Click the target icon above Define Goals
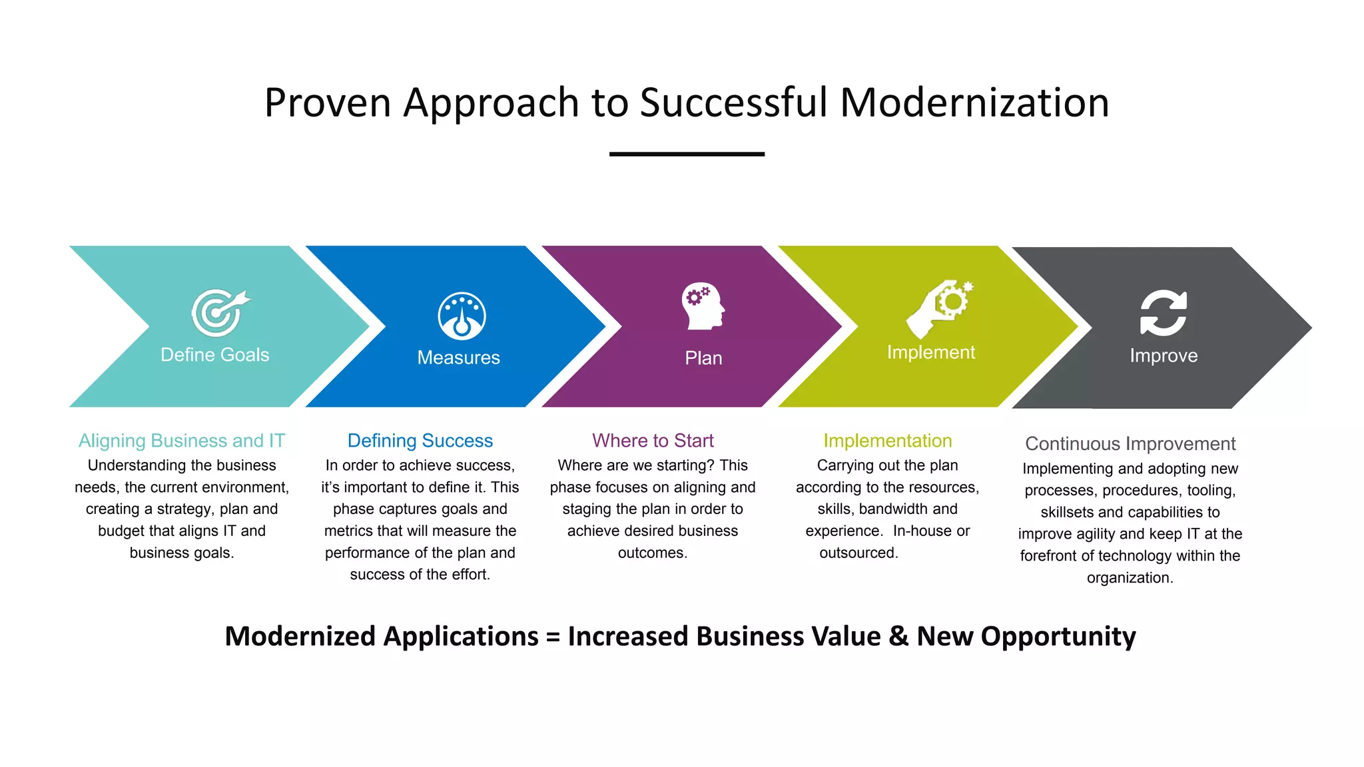pyautogui.click(x=218, y=312)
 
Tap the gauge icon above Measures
pyautogui.click(x=462, y=316)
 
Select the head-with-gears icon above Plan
pyautogui.click(x=702, y=306)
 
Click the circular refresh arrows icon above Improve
pyautogui.click(x=1163, y=313)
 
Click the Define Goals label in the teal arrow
pyautogui.click(x=214, y=355)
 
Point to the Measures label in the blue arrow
pyautogui.click(x=458, y=358)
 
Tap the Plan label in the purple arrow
pyautogui.click(x=703, y=358)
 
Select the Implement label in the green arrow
pyautogui.click(x=930, y=352)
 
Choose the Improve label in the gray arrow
pyautogui.click(x=1164, y=356)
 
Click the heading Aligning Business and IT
pyautogui.click(x=182, y=441)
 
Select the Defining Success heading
pyautogui.click(x=420, y=441)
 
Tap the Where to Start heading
pyautogui.click(x=653, y=441)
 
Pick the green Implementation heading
pyautogui.click(x=887, y=441)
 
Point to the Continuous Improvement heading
pyautogui.click(x=1130, y=443)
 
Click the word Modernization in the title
pyautogui.click(x=974, y=103)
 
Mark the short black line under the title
pyautogui.click(x=687, y=154)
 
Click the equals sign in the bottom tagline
pyautogui.click(x=553, y=637)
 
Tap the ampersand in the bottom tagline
pyautogui.click(x=898, y=637)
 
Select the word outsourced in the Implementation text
pyautogui.click(x=858, y=553)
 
